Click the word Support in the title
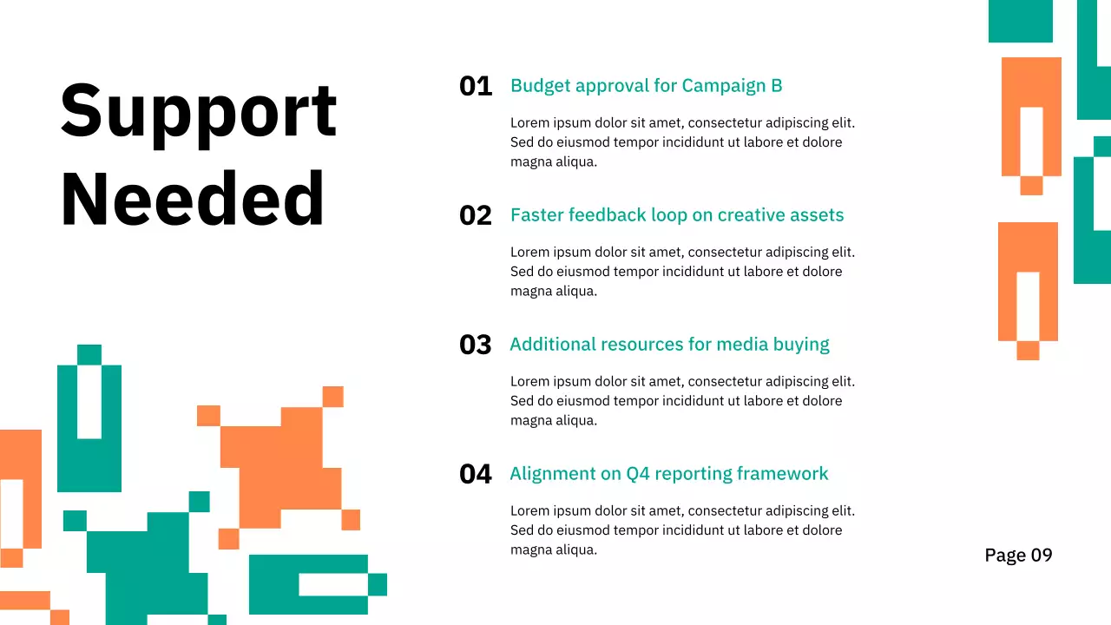[198, 110]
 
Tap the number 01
[475, 86]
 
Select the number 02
[475, 215]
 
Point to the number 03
[475, 345]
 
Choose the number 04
[475, 474]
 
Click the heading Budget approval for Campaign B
[646, 86]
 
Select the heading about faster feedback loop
[676, 215]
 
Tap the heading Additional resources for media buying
[669, 345]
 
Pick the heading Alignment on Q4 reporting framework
[668, 474]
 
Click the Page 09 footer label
[1018, 556]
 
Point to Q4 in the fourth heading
[637, 474]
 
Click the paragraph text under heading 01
[682, 142]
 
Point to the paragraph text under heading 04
[682, 530]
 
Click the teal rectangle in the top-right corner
[1020, 21]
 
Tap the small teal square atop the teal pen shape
[89, 354]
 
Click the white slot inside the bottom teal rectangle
[333, 584]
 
